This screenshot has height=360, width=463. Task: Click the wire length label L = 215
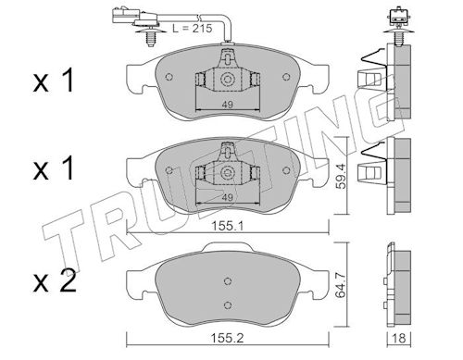click(192, 29)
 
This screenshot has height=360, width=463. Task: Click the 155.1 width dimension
click(227, 226)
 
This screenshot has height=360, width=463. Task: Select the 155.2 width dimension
click(227, 338)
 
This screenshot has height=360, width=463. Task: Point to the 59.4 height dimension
click(341, 176)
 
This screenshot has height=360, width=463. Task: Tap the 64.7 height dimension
click(341, 284)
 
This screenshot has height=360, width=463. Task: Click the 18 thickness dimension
click(399, 338)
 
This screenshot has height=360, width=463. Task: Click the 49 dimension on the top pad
click(228, 105)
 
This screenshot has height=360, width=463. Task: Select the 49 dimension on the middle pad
click(228, 197)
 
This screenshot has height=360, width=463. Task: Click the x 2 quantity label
click(55, 281)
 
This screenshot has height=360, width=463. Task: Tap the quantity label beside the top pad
click(54, 81)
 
